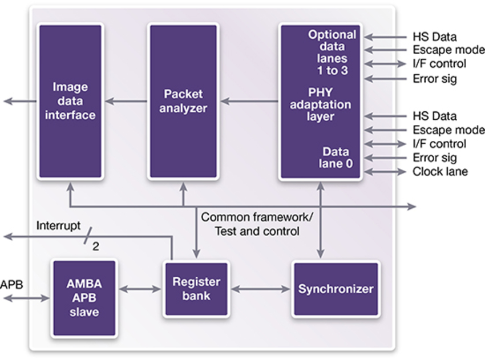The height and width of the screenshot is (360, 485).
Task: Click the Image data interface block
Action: tap(70, 101)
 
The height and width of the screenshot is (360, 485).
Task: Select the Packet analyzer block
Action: tap(183, 101)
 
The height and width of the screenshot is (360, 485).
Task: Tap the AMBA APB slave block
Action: tap(84, 298)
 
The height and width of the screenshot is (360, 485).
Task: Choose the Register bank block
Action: tap(196, 289)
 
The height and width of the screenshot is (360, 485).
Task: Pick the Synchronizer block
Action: tap(336, 289)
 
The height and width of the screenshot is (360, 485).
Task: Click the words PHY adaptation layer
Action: tap(321, 104)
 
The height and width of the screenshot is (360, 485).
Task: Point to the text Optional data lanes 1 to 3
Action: tap(332, 52)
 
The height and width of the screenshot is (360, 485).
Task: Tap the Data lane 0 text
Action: tap(336, 157)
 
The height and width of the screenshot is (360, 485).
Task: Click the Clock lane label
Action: tap(440, 172)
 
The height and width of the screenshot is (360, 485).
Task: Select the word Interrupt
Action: tap(58, 225)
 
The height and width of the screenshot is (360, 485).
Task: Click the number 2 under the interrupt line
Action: tap(96, 246)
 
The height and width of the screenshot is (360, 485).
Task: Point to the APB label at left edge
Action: tap(11, 285)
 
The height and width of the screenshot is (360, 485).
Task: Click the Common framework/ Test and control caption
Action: tap(257, 224)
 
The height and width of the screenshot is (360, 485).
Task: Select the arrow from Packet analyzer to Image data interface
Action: tap(126, 101)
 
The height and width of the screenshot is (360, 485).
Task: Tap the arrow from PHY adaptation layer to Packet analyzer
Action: tap(249, 101)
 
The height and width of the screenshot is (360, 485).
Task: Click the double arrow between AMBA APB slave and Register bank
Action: tap(140, 289)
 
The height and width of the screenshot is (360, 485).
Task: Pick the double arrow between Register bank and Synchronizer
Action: tap(261, 289)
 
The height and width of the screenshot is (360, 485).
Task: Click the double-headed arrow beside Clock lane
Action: tap(385, 172)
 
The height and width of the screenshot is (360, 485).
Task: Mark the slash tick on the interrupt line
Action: tap(88, 236)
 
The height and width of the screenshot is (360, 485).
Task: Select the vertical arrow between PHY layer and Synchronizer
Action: tap(321, 220)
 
